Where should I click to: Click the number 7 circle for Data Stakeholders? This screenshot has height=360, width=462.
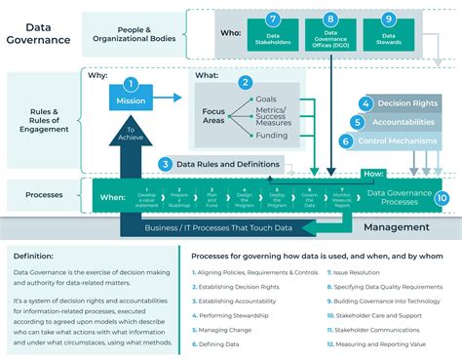(273, 19)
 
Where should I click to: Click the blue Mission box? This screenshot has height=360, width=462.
(132, 100)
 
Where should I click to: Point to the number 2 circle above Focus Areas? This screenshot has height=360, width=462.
(246, 84)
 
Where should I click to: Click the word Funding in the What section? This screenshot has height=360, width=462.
(271, 137)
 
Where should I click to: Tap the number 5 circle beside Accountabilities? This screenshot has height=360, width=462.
(359, 122)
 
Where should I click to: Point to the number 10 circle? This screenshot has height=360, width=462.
(442, 198)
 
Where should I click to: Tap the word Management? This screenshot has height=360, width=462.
(396, 227)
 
